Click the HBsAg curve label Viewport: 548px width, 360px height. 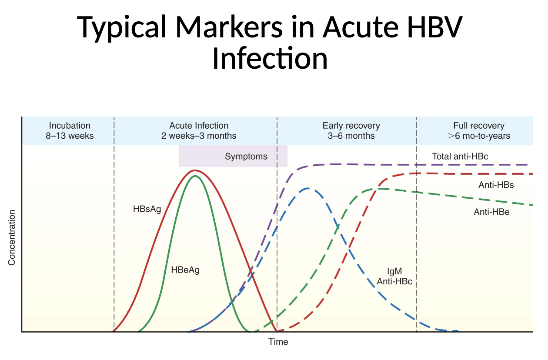click(x=147, y=209)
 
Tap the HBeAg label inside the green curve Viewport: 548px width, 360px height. click(x=185, y=270)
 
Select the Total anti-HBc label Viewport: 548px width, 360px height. click(x=460, y=156)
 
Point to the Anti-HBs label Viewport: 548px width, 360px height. click(x=496, y=185)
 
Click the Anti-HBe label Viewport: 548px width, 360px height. click(x=492, y=212)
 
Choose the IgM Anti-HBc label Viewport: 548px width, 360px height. click(x=394, y=277)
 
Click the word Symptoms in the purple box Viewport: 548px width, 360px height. click(x=246, y=157)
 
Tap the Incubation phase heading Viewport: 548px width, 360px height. click(x=70, y=126)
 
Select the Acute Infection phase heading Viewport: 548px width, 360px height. click(x=199, y=126)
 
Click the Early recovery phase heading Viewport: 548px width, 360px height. click(x=351, y=126)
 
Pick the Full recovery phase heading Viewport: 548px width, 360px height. click(x=479, y=126)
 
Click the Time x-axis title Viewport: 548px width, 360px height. click(x=278, y=342)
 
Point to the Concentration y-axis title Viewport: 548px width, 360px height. click(x=12, y=238)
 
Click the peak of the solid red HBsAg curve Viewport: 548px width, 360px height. click(x=195, y=170)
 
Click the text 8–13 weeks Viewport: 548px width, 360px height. click(x=70, y=136)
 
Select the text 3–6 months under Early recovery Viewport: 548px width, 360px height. click(x=351, y=136)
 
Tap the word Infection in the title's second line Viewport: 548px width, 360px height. click(x=270, y=58)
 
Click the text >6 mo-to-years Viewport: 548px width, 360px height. click(x=479, y=136)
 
